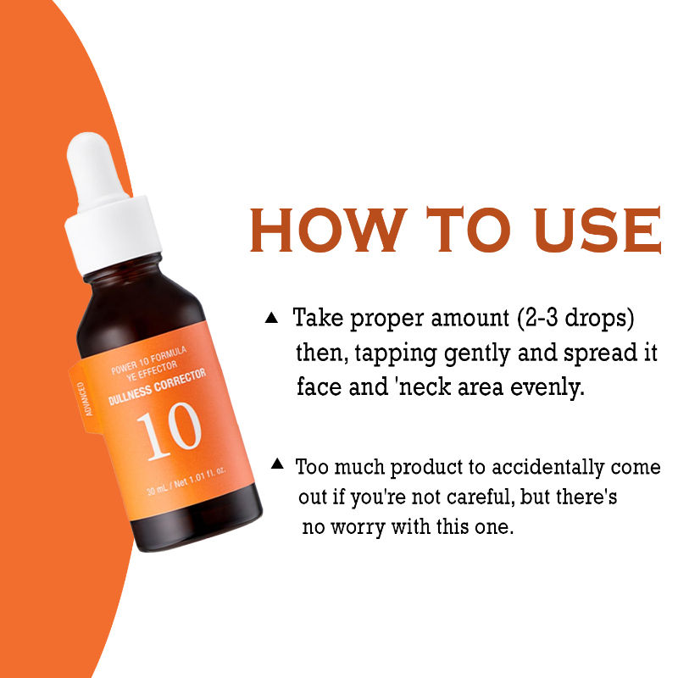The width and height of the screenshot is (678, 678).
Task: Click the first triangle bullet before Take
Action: [271, 318]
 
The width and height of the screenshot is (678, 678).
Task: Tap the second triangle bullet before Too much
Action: [277, 464]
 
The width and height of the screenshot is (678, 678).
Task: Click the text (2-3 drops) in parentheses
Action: [571, 320]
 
